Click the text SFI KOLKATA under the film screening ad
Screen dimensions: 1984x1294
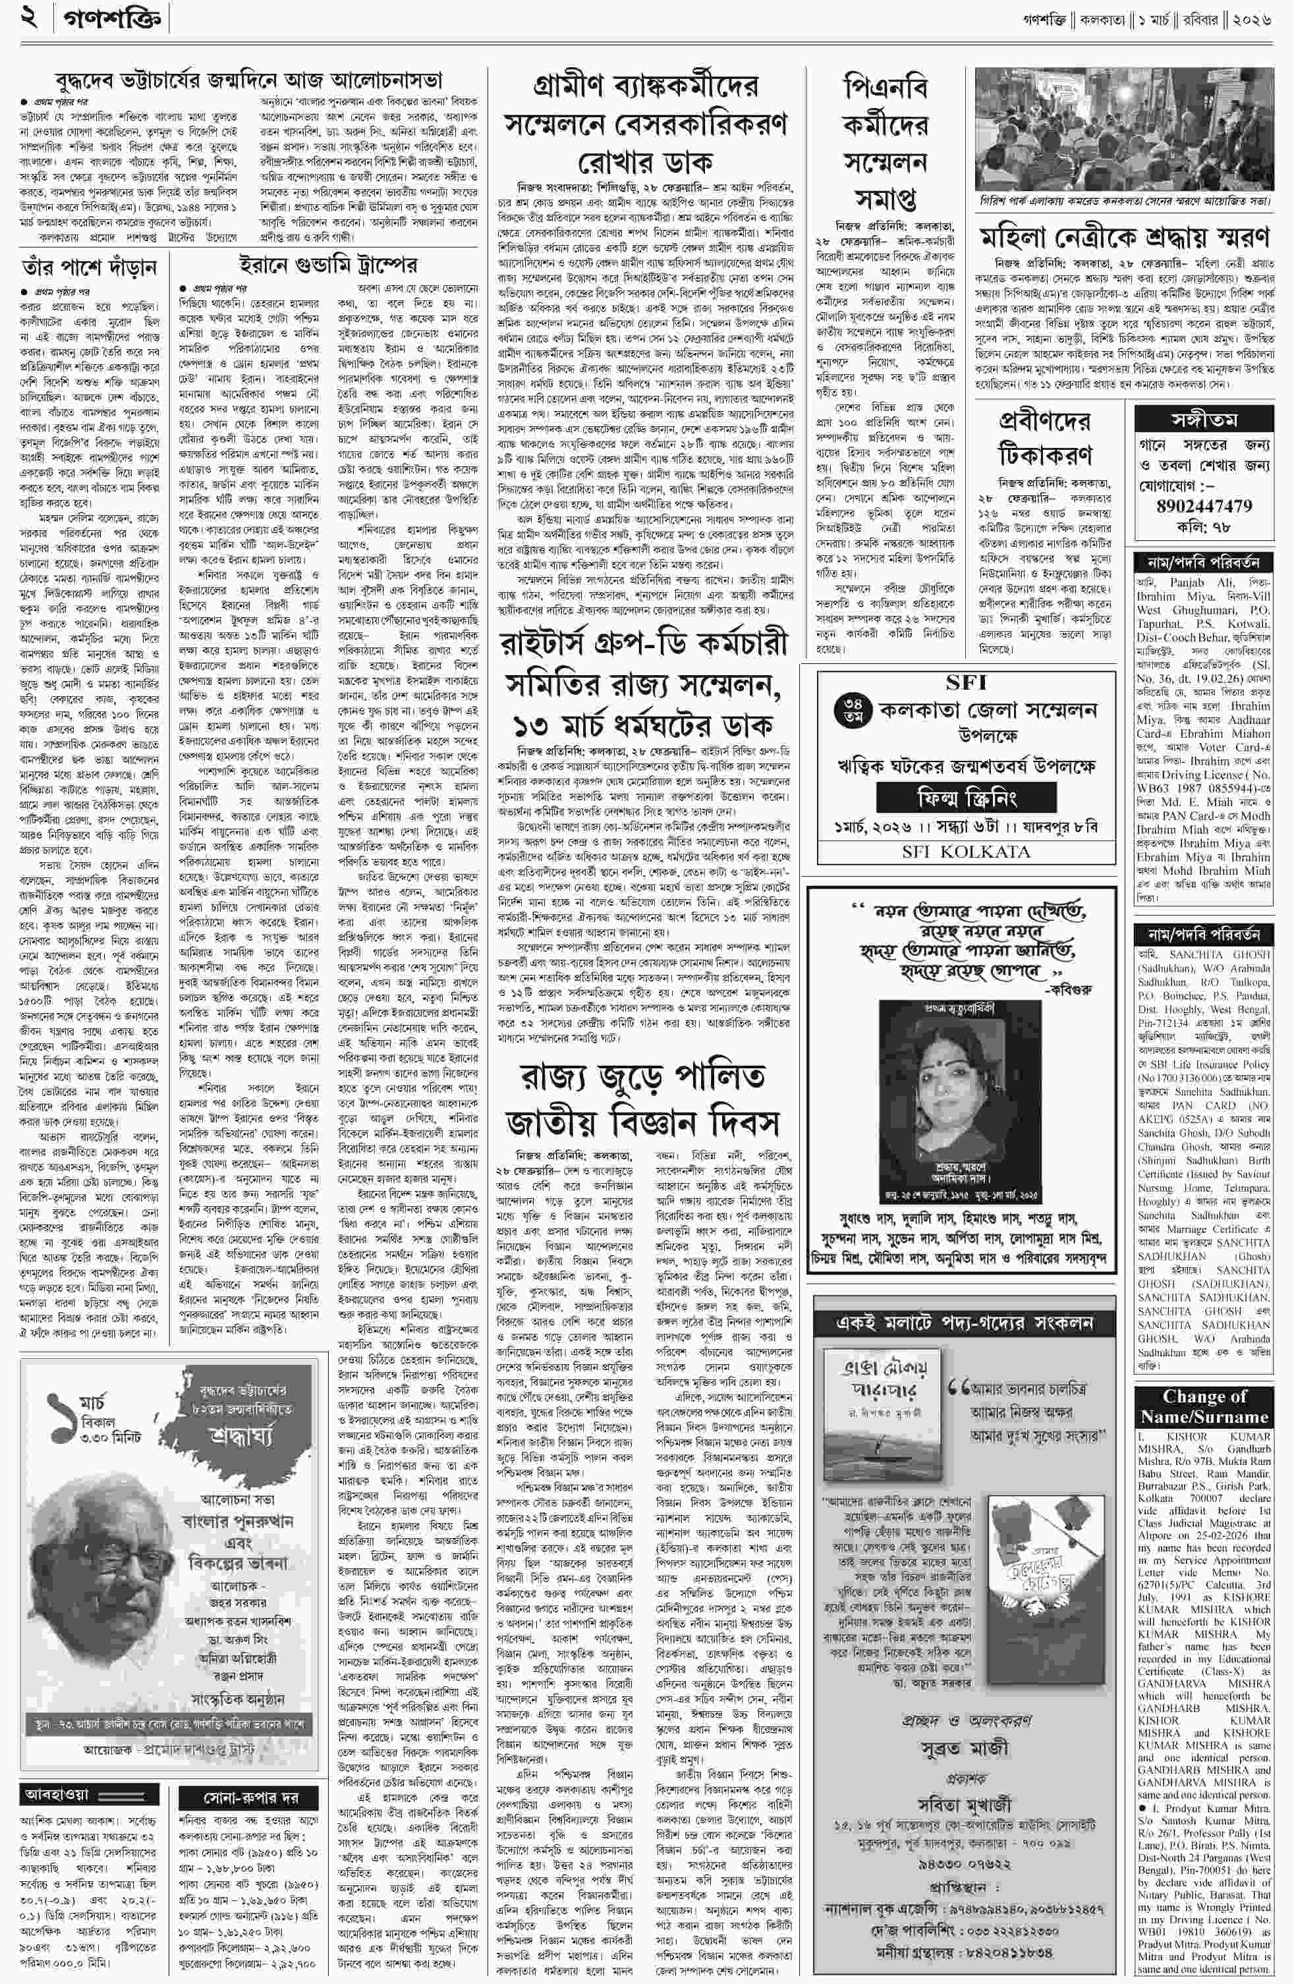pyautogui.click(x=965, y=851)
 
